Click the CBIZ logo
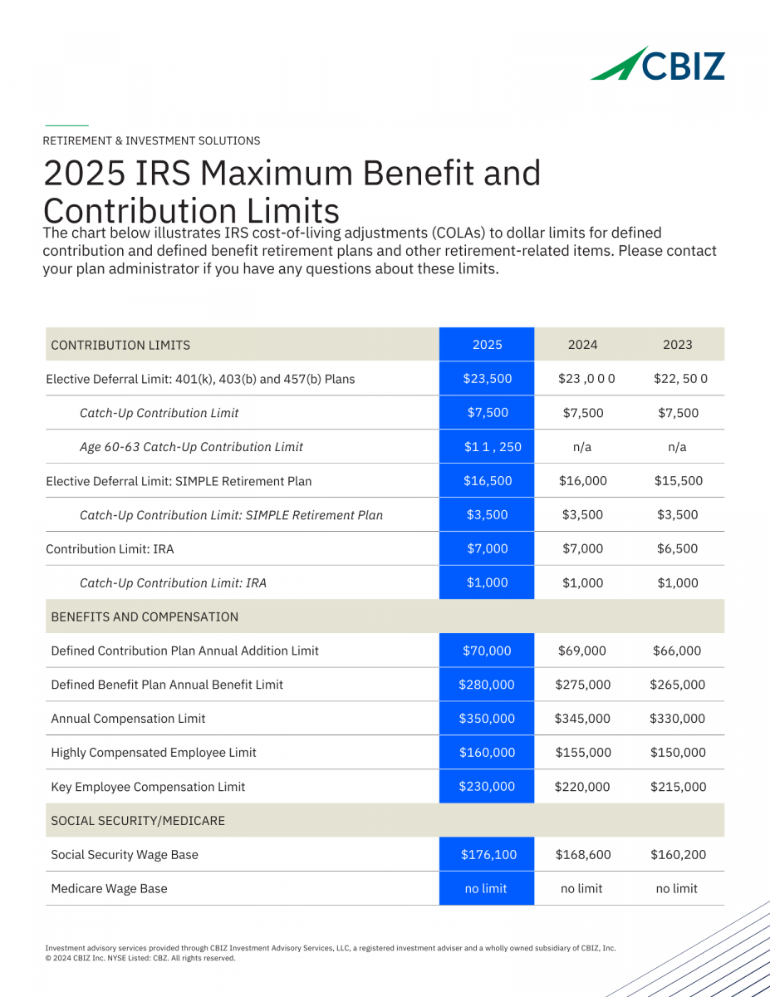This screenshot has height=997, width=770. coord(658,64)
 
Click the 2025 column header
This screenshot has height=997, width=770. coord(487,345)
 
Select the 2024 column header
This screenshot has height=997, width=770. coord(582,345)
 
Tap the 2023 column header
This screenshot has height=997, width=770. coord(677,345)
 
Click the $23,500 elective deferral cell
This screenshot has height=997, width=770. coord(487,379)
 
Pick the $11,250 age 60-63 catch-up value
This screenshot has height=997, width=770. coord(493,447)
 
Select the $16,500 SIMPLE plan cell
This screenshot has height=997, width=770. coord(487,481)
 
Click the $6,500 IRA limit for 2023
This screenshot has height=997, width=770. coord(677,549)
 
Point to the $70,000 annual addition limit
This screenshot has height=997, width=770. coord(487,651)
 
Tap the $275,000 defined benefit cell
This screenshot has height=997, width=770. coord(582,685)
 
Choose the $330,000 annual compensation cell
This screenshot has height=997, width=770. coord(677,720)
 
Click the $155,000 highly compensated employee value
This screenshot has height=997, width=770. coord(582,754)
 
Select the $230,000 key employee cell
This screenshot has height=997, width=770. coord(487,787)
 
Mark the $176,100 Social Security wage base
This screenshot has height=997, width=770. coord(487,855)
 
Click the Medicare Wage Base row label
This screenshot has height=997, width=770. coord(109,889)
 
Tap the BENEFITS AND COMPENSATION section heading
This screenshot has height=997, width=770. coord(145,617)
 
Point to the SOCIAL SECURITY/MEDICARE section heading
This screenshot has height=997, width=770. coord(138,821)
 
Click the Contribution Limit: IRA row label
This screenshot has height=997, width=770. coord(110,549)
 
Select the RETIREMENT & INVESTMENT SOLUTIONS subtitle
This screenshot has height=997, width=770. coord(151,141)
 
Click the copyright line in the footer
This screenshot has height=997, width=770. coord(140,958)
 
